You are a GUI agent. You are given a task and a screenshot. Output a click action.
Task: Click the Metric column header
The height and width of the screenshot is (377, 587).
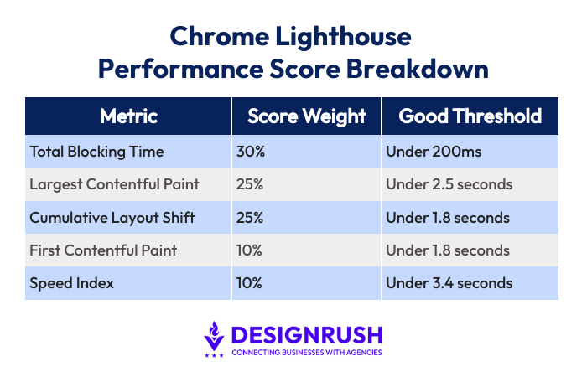pos(128,116)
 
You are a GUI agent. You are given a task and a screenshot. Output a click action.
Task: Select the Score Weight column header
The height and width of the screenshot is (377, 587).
pos(307,116)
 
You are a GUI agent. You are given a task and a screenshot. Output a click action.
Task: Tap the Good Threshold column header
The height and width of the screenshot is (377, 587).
pos(470,116)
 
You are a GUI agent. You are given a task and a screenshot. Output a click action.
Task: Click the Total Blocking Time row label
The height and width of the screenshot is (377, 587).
pos(96,152)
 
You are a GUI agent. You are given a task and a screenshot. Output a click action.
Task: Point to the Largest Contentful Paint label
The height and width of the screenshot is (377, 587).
pos(114,184)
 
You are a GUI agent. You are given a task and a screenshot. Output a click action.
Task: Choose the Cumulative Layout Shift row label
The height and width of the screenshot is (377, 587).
pos(112,218)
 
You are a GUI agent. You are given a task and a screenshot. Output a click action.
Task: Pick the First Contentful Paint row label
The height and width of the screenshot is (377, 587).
pos(103,250)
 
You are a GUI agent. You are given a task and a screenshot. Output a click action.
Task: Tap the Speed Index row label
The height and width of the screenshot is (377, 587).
pos(71,283)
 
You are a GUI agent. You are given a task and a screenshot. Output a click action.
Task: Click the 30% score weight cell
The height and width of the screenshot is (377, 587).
pos(251,152)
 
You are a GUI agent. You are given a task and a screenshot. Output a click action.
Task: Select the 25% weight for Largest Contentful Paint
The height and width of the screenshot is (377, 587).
pos(250,184)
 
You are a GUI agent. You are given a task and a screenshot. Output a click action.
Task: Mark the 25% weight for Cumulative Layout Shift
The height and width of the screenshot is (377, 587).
pos(250,218)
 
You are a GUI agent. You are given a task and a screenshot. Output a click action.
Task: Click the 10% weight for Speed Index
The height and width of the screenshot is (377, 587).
pos(249,283)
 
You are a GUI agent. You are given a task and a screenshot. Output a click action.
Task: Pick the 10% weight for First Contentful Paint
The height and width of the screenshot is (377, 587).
pos(249,250)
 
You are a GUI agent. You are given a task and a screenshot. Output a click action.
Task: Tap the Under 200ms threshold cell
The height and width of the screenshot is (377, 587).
pos(434,152)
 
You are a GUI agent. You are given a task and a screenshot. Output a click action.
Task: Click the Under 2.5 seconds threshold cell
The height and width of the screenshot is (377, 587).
pos(449,184)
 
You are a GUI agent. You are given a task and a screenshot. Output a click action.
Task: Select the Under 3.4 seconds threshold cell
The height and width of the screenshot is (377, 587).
pos(449,283)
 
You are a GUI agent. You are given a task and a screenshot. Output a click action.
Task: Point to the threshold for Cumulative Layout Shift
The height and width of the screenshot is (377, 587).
pos(448,218)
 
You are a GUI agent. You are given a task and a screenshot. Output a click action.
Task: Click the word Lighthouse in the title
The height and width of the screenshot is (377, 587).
pos(343,38)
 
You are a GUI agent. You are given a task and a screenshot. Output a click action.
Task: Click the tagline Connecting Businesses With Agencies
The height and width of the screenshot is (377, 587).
pos(307,353)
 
